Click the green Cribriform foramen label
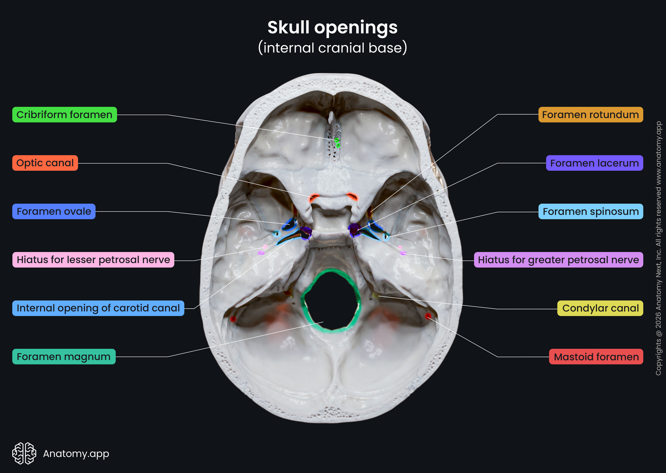tap(64, 115)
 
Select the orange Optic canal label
tap(45, 163)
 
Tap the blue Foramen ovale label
tap(54, 211)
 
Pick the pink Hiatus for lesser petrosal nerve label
tap(93, 260)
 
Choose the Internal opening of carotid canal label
tap(98, 308)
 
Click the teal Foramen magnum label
tap(64, 356)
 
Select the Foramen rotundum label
tap(590, 115)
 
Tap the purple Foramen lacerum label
tap(594, 163)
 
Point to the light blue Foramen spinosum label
tap(591, 211)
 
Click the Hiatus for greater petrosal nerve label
tap(558, 260)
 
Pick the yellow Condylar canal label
tap(600, 308)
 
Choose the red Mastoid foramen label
tap(596, 356)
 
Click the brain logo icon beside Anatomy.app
tap(24, 453)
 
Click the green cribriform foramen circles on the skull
tap(337, 143)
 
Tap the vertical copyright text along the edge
tap(658, 248)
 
